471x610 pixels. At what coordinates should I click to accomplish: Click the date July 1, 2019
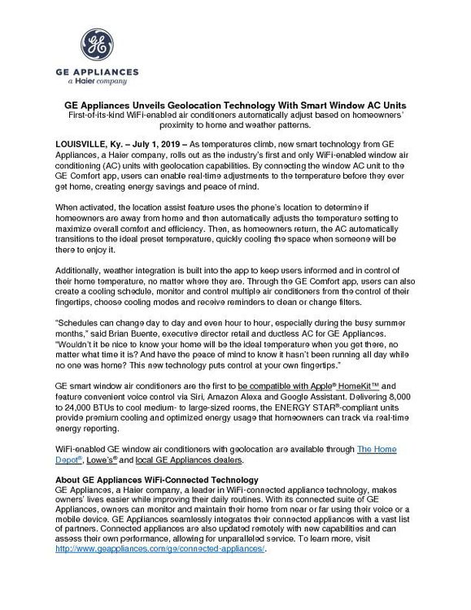tap(155, 144)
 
